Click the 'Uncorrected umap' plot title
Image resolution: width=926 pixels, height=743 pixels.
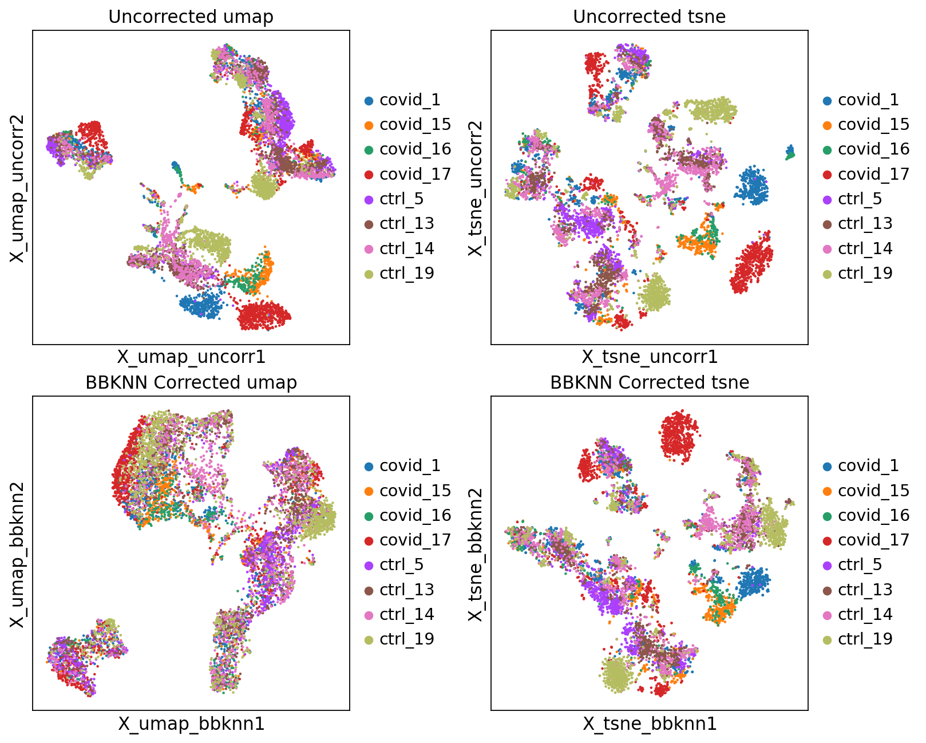click(x=191, y=17)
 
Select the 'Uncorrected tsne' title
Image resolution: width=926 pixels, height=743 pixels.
click(x=649, y=17)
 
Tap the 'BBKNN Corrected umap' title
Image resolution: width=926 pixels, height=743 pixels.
click(x=191, y=382)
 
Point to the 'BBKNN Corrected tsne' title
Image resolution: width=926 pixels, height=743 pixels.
click(x=649, y=382)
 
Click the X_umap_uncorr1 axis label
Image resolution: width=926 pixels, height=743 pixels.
click(x=191, y=357)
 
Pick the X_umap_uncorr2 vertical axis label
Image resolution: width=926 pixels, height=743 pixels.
click(x=18, y=188)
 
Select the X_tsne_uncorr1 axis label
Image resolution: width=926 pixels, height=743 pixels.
click(x=650, y=357)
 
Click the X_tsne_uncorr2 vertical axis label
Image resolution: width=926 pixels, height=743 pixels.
click(x=476, y=188)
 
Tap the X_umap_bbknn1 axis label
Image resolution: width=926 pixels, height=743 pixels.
click(x=191, y=724)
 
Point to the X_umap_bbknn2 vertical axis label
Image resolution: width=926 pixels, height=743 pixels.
click(x=18, y=554)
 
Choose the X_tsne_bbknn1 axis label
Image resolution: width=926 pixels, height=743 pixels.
click(x=650, y=724)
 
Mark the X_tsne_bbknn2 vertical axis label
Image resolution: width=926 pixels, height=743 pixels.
click(x=476, y=554)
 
